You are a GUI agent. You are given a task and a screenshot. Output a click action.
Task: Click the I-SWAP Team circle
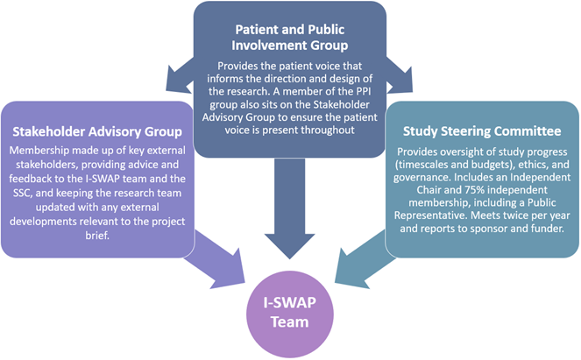290,314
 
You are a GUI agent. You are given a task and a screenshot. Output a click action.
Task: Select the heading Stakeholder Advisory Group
97,131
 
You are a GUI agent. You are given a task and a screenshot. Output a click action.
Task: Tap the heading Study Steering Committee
482,131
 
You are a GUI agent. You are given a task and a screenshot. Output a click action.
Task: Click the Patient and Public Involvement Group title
290,37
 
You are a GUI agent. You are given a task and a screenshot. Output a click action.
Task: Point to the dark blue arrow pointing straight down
290,208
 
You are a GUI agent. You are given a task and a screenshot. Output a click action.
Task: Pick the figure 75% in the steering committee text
472,190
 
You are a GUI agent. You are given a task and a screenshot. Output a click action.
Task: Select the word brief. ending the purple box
97,236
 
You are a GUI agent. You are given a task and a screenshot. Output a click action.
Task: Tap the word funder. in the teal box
549,228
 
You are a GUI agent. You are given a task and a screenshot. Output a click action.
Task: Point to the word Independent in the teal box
540,177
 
